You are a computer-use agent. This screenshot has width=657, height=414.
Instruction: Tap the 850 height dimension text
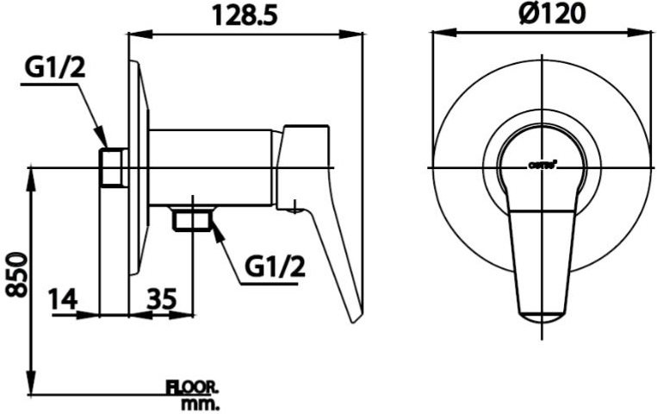click(15, 273)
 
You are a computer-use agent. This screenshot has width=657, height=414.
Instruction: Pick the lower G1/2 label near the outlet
click(275, 267)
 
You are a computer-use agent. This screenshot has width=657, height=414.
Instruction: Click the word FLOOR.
click(193, 387)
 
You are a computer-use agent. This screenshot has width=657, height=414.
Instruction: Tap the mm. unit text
click(201, 403)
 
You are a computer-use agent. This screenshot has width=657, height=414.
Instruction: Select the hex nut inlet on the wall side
click(113, 167)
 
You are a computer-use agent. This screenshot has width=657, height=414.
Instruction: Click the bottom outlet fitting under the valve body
click(191, 221)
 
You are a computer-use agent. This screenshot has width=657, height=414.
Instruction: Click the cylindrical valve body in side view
click(211, 168)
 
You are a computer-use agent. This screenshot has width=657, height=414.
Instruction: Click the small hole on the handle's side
click(295, 206)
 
